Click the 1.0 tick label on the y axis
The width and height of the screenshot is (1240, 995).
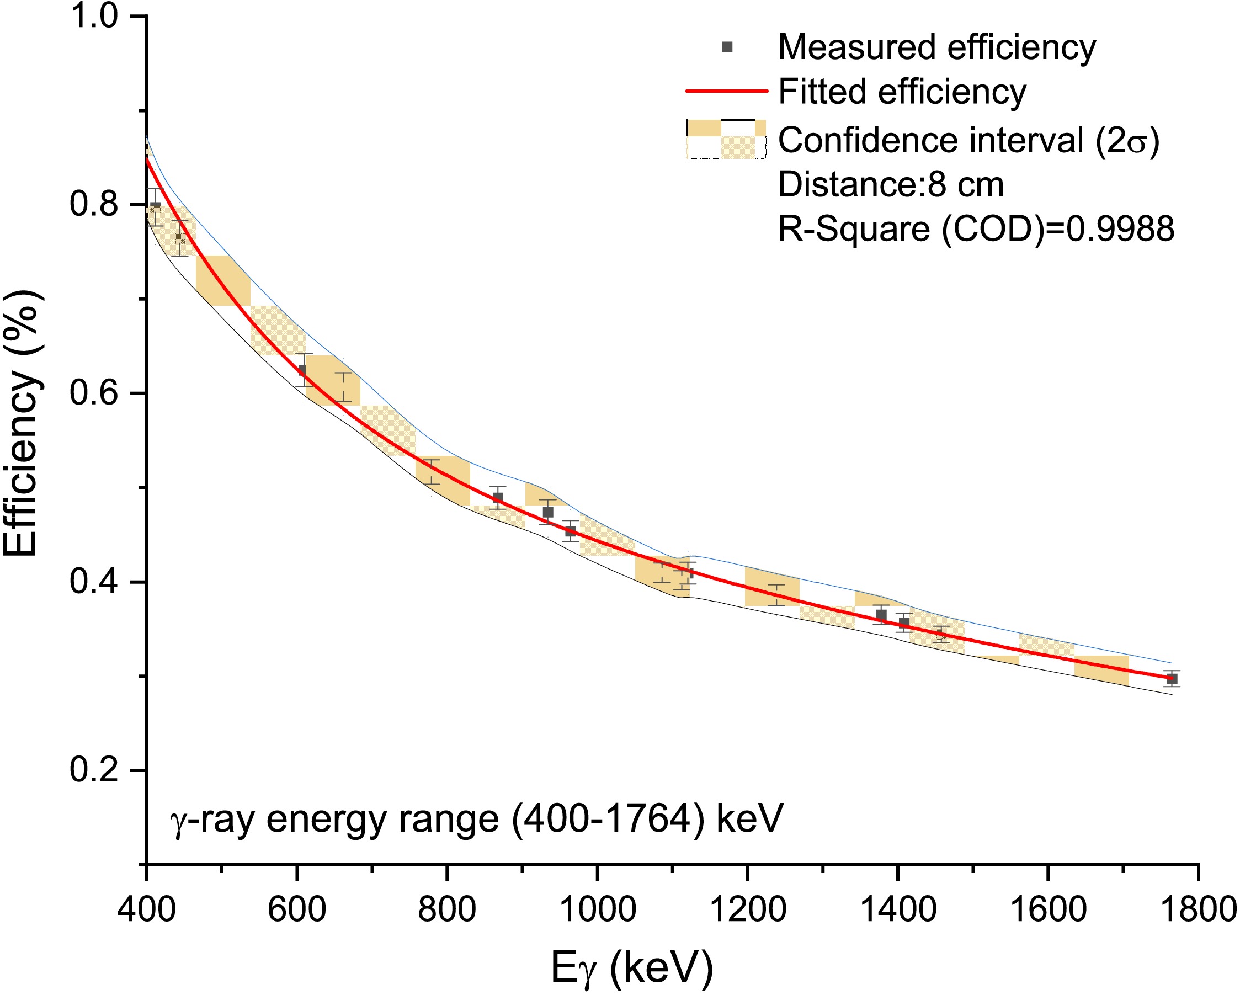point(94,16)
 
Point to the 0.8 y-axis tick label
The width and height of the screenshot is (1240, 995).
point(94,204)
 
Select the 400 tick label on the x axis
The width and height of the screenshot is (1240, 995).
point(146,910)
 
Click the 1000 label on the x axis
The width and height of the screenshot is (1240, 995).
point(598,910)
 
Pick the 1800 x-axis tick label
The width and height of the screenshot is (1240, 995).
point(1199,910)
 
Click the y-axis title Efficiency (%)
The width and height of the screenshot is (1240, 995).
point(22,424)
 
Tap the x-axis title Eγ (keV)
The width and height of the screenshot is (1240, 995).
point(631,967)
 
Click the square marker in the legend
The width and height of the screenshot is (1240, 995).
point(727,47)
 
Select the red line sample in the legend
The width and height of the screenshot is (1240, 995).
point(726,91)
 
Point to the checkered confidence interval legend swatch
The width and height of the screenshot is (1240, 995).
point(726,139)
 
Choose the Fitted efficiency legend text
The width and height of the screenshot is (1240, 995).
point(902,92)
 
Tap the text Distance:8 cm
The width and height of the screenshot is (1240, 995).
point(890,185)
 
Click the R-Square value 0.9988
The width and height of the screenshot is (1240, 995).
point(1120,229)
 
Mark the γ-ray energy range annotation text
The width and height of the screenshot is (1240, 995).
point(476,819)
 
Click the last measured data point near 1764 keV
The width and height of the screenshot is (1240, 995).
point(1172,679)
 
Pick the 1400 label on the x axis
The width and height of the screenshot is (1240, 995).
point(898,910)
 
